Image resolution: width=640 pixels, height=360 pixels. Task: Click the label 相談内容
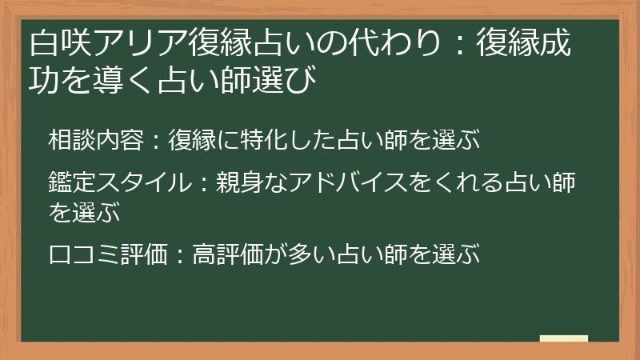pyautogui.click(x=94, y=139)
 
